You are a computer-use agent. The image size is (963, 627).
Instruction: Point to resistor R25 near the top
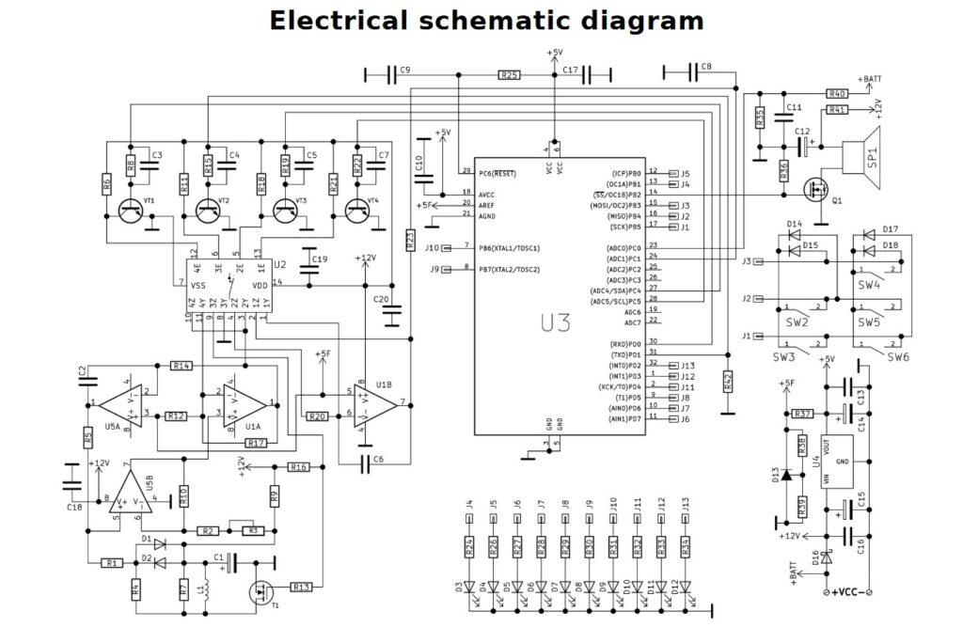tap(509, 74)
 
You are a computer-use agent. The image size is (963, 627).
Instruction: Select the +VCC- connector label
tap(846, 592)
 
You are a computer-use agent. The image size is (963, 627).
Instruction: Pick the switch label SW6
tap(898, 357)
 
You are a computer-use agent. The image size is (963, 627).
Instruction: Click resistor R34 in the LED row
tap(686, 547)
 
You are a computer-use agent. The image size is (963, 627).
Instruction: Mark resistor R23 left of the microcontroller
tap(410, 241)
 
